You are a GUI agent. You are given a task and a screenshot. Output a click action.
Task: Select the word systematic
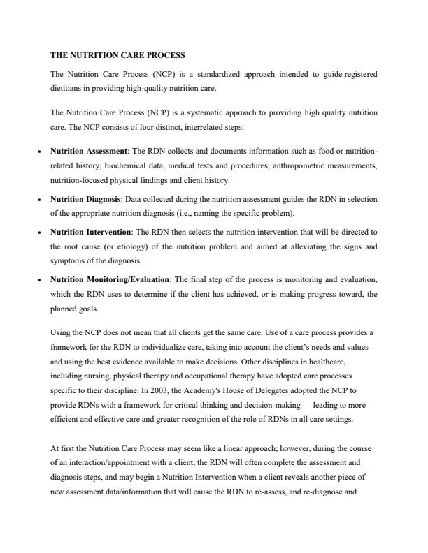(203, 112)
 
